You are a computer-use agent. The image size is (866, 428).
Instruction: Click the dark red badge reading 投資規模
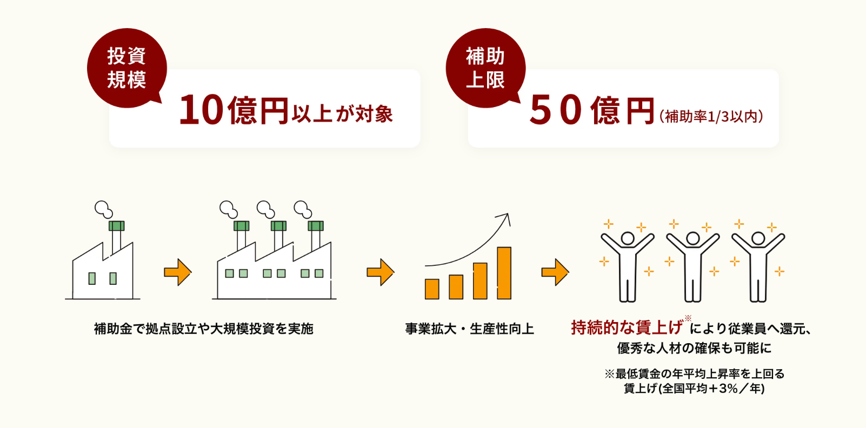tap(126, 68)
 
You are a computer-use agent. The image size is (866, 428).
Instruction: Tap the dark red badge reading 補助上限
tap(485, 68)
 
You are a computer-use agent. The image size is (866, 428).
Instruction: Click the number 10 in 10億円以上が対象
tap(201, 110)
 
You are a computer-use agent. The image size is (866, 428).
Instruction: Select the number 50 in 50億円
tap(556, 110)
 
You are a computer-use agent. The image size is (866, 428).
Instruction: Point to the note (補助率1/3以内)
tap(710, 116)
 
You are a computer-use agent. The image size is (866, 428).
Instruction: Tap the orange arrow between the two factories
tap(177, 272)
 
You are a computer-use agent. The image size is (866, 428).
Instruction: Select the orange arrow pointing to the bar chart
tap(380, 272)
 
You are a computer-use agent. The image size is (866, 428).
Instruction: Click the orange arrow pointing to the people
tap(555, 272)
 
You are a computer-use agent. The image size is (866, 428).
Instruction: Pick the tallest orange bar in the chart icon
tap(504, 273)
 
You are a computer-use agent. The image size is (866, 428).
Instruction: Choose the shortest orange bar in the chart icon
tap(432, 289)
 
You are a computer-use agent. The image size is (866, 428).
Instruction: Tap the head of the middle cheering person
tap(692, 238)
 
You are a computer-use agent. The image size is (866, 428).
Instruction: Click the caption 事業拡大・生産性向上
tap(469, 329)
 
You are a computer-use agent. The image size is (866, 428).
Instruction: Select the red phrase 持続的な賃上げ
tap(627, 327)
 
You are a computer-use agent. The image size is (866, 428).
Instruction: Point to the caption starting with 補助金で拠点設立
tap(203, 329)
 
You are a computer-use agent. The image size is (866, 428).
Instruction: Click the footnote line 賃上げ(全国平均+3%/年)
tap(694, 388)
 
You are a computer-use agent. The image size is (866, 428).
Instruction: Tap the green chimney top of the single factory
tap(116, 226)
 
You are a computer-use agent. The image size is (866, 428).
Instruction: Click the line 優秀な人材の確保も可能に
tap(694, 348)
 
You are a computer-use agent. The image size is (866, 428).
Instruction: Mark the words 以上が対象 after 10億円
tap(342, 114)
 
